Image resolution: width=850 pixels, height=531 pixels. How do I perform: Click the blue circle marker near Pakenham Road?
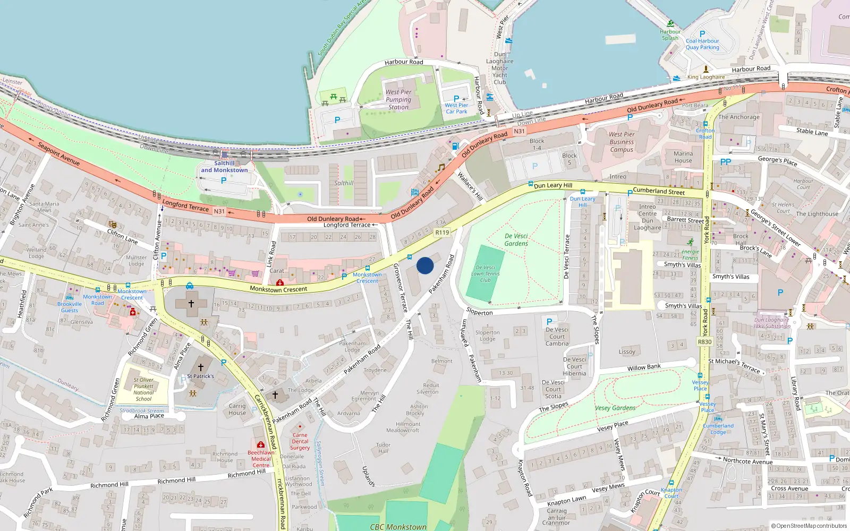(x=425, y=265)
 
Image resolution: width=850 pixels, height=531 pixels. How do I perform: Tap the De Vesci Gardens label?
(x=516, y=239)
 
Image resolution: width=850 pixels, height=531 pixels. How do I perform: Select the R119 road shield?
(x=442, y=232)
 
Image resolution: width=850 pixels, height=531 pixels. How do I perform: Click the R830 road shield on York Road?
(x=704, y=342)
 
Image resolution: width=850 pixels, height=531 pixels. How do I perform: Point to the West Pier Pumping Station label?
(x=398, y=99)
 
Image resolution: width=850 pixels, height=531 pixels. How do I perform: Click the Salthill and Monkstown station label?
(x=224, y=167)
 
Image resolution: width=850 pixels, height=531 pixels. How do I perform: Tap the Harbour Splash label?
(x=670, y=35)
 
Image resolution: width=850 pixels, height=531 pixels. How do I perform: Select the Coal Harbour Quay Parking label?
(x=702, y=44)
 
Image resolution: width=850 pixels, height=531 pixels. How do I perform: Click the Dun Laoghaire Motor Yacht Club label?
(x=500, y=68)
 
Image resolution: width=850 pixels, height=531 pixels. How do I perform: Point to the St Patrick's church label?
(x=200, y=376)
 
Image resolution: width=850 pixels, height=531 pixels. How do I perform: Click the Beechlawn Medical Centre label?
(x=261, y=459)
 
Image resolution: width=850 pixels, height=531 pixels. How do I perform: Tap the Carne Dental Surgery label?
(x=300, y=441)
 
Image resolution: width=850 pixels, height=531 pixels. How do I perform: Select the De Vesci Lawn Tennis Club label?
(x=486, y=274)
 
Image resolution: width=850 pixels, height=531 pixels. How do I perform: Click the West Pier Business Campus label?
(x=622, y=142)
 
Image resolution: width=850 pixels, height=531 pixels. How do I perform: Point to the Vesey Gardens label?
(x=615, y=408)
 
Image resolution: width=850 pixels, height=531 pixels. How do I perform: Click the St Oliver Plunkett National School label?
(x=143, y=389)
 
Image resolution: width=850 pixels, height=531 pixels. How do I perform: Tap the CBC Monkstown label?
(x=398, y=527)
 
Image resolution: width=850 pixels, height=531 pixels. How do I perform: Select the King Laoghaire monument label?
(x=705, y=77)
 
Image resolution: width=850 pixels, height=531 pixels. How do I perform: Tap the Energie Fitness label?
(x=690, y=254)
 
